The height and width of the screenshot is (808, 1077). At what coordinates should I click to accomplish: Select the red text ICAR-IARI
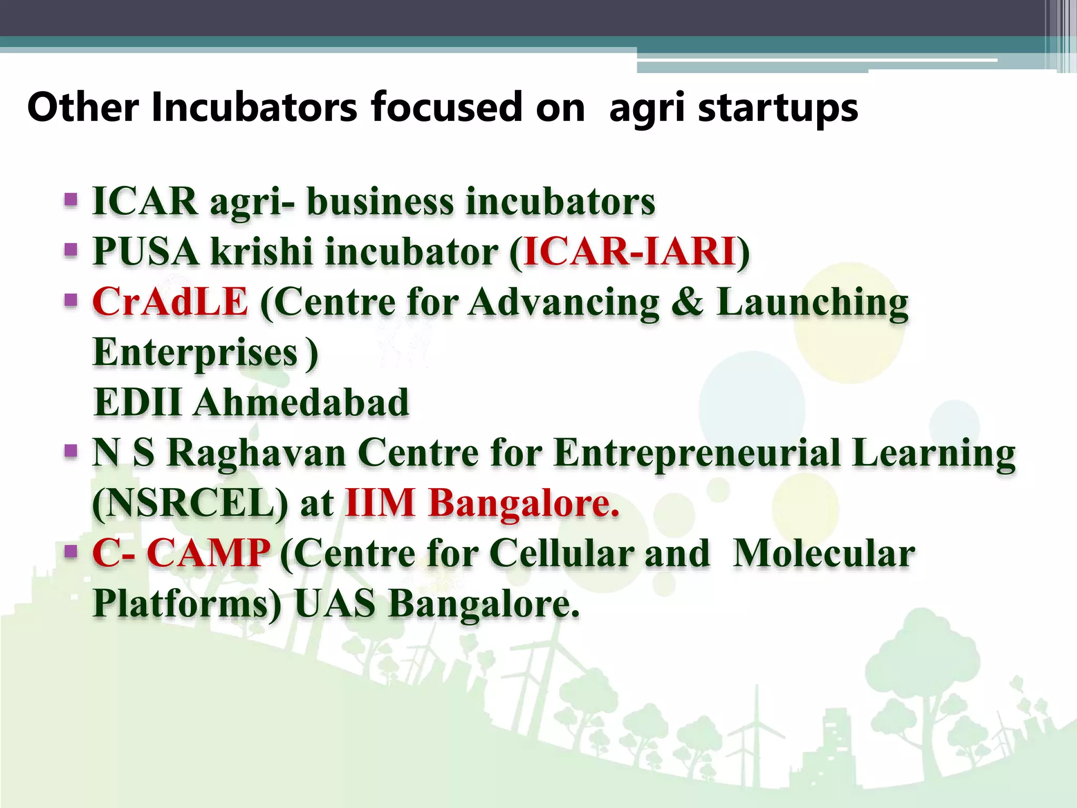tap(629, 251)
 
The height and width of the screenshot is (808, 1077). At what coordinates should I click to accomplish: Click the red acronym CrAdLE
tap(170, 302)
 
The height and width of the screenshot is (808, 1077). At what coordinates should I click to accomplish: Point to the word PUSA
tap(146, 251)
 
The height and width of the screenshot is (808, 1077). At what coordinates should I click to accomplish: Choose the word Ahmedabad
tap(301, 402)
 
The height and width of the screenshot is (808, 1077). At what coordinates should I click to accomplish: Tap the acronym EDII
tap(138, 402)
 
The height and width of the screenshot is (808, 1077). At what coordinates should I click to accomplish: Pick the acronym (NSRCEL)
tap(190, 503)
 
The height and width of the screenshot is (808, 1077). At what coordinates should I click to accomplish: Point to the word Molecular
tap(824, 553)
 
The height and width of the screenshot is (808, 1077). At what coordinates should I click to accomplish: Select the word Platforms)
tap(187, 604)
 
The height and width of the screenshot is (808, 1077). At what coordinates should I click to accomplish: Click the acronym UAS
tap(335, 604)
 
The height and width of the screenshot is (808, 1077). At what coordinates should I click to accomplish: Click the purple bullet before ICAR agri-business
tap(71, 200)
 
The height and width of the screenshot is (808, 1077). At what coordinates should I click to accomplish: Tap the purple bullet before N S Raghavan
tap(71, 451)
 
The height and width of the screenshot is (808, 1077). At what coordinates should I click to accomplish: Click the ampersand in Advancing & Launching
tap(687, 302)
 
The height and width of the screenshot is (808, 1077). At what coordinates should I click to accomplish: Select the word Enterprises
tap(195, 352)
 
